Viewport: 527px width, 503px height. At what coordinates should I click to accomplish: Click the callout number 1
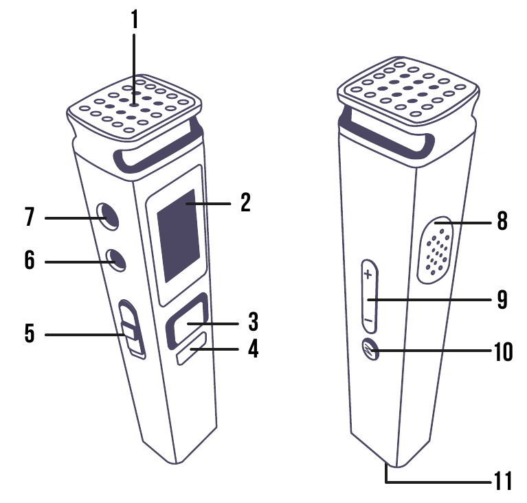pos(135,19)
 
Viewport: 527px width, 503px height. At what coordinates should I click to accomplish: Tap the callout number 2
pos(245,203)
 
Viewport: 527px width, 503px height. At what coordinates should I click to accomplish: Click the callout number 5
pos(29,334)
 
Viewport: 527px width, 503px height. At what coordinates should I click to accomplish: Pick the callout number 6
pos(29,261)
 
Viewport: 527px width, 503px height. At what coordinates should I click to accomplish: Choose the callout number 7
pos(29,218)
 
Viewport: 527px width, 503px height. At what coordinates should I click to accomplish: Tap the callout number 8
pos(502,222)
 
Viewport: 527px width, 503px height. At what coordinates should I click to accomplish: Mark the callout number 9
pos(502,300)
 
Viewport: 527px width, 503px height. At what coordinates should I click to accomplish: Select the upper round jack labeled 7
pos(107,216)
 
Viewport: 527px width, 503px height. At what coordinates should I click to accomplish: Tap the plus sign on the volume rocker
pos(368,275)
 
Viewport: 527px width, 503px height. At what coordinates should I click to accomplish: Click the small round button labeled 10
pos(371,350)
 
